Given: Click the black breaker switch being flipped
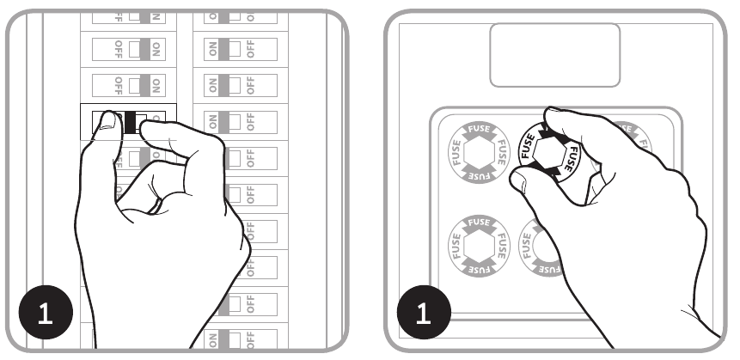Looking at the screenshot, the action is tap(130, 124).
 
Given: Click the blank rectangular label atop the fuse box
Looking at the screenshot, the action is tap(554, 54).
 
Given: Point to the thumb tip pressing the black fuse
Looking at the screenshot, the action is tap(517, 179).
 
